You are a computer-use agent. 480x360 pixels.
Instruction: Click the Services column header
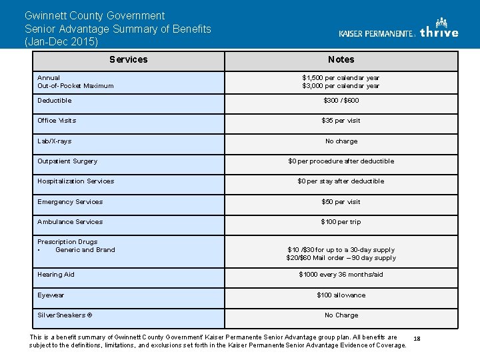tap(128, 59)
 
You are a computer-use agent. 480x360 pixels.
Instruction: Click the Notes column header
tap(341, 59)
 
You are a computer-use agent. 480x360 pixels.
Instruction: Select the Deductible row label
tap(55, 101)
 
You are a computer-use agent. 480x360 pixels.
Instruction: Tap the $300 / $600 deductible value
tap(341, 101)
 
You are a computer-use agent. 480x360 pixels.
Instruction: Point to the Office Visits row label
tap(57, 121)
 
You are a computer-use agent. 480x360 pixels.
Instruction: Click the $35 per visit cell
tap(341, 121)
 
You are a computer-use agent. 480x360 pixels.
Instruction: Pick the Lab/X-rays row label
tap(55, 141)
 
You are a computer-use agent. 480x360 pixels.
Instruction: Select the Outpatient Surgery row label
tap(67, 161)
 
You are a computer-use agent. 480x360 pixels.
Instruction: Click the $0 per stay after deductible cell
tap(341, 181)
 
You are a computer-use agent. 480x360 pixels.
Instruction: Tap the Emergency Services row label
tap(70, 202)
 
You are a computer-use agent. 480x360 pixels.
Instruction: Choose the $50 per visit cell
tap(341, 202)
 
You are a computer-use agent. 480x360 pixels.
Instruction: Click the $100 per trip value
tap(341, 222)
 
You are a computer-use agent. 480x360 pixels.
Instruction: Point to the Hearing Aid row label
tap(56, 275)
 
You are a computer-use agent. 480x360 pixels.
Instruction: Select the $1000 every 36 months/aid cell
tap(341, 275)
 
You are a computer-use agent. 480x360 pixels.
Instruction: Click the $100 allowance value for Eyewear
tap(341, 295)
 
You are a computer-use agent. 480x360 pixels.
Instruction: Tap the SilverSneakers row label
tap(65, 315)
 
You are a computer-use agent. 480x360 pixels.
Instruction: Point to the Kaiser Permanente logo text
tap(377, 33)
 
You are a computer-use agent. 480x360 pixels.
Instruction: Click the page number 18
tap(417, 339)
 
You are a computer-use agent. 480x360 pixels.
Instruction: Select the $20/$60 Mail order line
tap(341, 258)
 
